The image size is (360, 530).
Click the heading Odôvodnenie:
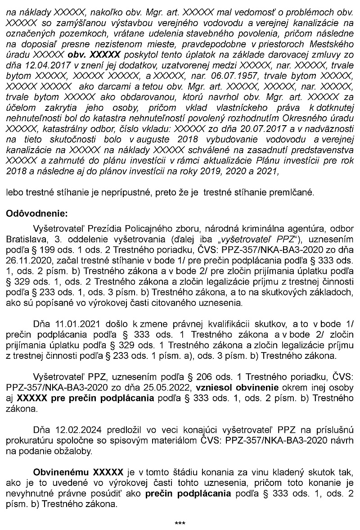pos(36,213)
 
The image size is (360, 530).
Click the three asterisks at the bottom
pos(180,524)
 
